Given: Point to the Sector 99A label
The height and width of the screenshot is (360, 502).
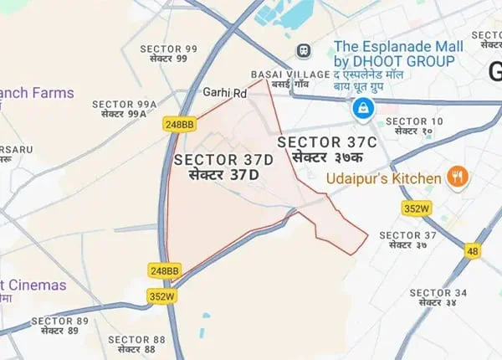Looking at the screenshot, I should (x=128, y=108).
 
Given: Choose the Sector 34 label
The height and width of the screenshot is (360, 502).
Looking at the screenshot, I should (x=437, y=296).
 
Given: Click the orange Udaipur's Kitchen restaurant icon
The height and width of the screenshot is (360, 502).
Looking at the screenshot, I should (x=457, y=177).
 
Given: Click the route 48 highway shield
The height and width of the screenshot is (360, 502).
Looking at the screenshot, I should (x=474, y=249).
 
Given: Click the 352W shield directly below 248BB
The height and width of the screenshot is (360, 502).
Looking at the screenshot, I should (x=163, y=296).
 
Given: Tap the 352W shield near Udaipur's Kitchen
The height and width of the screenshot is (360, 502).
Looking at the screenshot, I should (x=417, y=208).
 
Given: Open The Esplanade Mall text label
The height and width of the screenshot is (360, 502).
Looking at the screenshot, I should (x=394, y=54).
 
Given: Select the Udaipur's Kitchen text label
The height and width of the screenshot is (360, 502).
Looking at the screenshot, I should (x=387, y=178).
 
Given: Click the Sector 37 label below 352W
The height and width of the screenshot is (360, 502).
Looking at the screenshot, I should (x=407, y=239).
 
